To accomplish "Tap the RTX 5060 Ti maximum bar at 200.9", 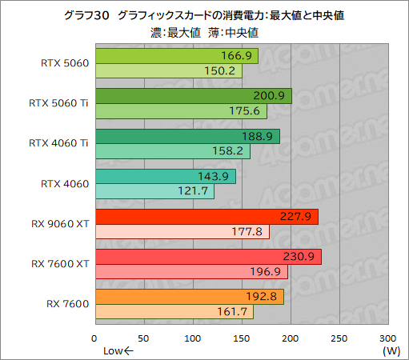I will (192, 96).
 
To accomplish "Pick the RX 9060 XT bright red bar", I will (206, 217).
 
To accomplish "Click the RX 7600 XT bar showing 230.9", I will (207, 257).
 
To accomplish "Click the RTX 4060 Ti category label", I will (60, 144).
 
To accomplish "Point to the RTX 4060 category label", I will (65, 184).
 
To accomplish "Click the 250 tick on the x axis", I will (340, 338).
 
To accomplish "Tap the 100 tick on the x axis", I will (193, 338).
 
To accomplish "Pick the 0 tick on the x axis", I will (95, 338).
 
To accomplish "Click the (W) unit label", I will (391, 350).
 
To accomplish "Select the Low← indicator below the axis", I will (118, 350).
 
